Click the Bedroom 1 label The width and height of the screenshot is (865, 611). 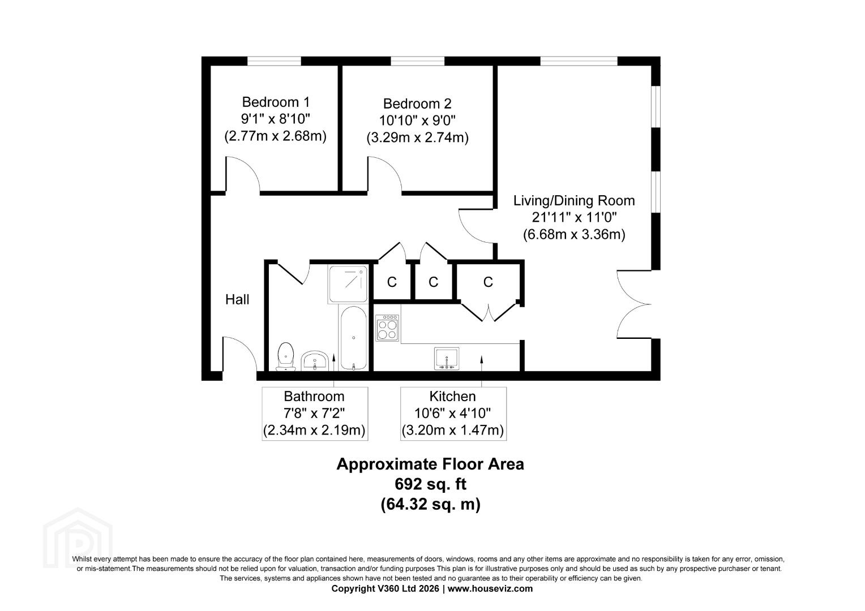click(x=276, y=102)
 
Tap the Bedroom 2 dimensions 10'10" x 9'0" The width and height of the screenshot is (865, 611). click(x=417, y=121)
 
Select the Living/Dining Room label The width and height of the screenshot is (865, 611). click(x=574, y=201)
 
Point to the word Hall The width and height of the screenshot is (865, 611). click(x=237, y=299)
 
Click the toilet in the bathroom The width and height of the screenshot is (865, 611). click(x=286, y=356)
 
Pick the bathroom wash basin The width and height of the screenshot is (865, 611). click(x=314, y=361)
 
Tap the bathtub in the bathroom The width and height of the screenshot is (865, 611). click(x=353, y=338)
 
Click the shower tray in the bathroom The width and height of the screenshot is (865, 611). click(x=348, y=283)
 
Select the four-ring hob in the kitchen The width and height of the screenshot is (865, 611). click(x=387, y=328)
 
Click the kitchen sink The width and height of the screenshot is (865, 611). click(x=447, y=359)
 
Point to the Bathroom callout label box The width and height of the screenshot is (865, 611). click(x=315, y=414)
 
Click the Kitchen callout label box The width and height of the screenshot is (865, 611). click(x=453, y=414)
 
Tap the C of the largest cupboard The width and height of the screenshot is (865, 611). click(x=488, y=282)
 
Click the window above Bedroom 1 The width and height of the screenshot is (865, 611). click(x=274, y=61)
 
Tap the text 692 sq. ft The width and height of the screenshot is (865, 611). click(x=430, y=484)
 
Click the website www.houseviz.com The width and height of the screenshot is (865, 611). click(x=490, y=588)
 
